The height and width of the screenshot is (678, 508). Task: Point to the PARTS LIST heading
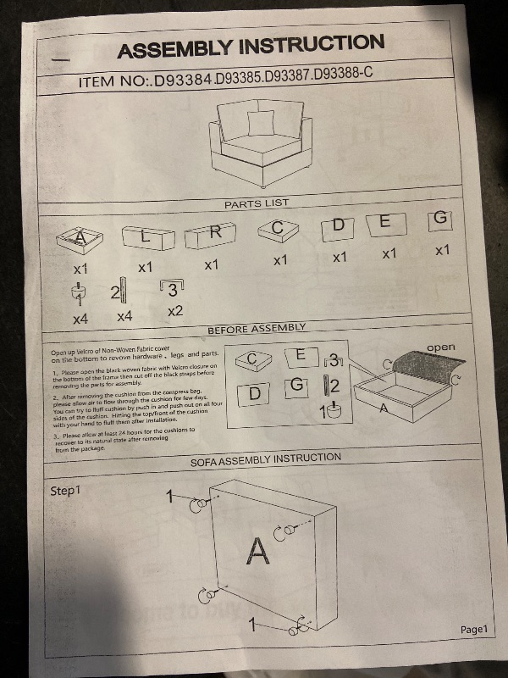click(x=257, y=204)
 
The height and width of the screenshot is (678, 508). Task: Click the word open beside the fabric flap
click(x=440, y=347)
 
